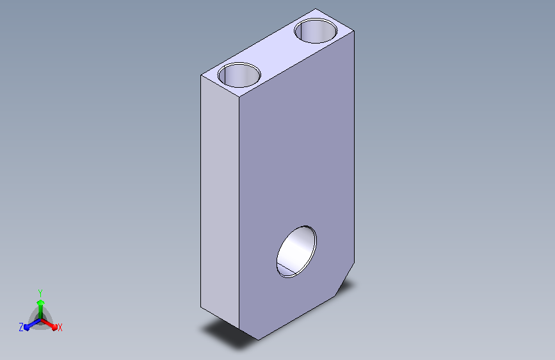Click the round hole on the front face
(x=296, y=252)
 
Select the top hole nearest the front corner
(x=239, y=75)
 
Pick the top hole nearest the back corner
(x=316, y=31)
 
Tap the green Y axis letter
(x=40, y=293)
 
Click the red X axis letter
(x=60, y=328)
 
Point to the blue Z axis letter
(x=21, y=327)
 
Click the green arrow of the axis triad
(x=41, y=309)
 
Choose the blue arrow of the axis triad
(x=33, y=324)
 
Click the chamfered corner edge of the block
(x=345, y=279)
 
